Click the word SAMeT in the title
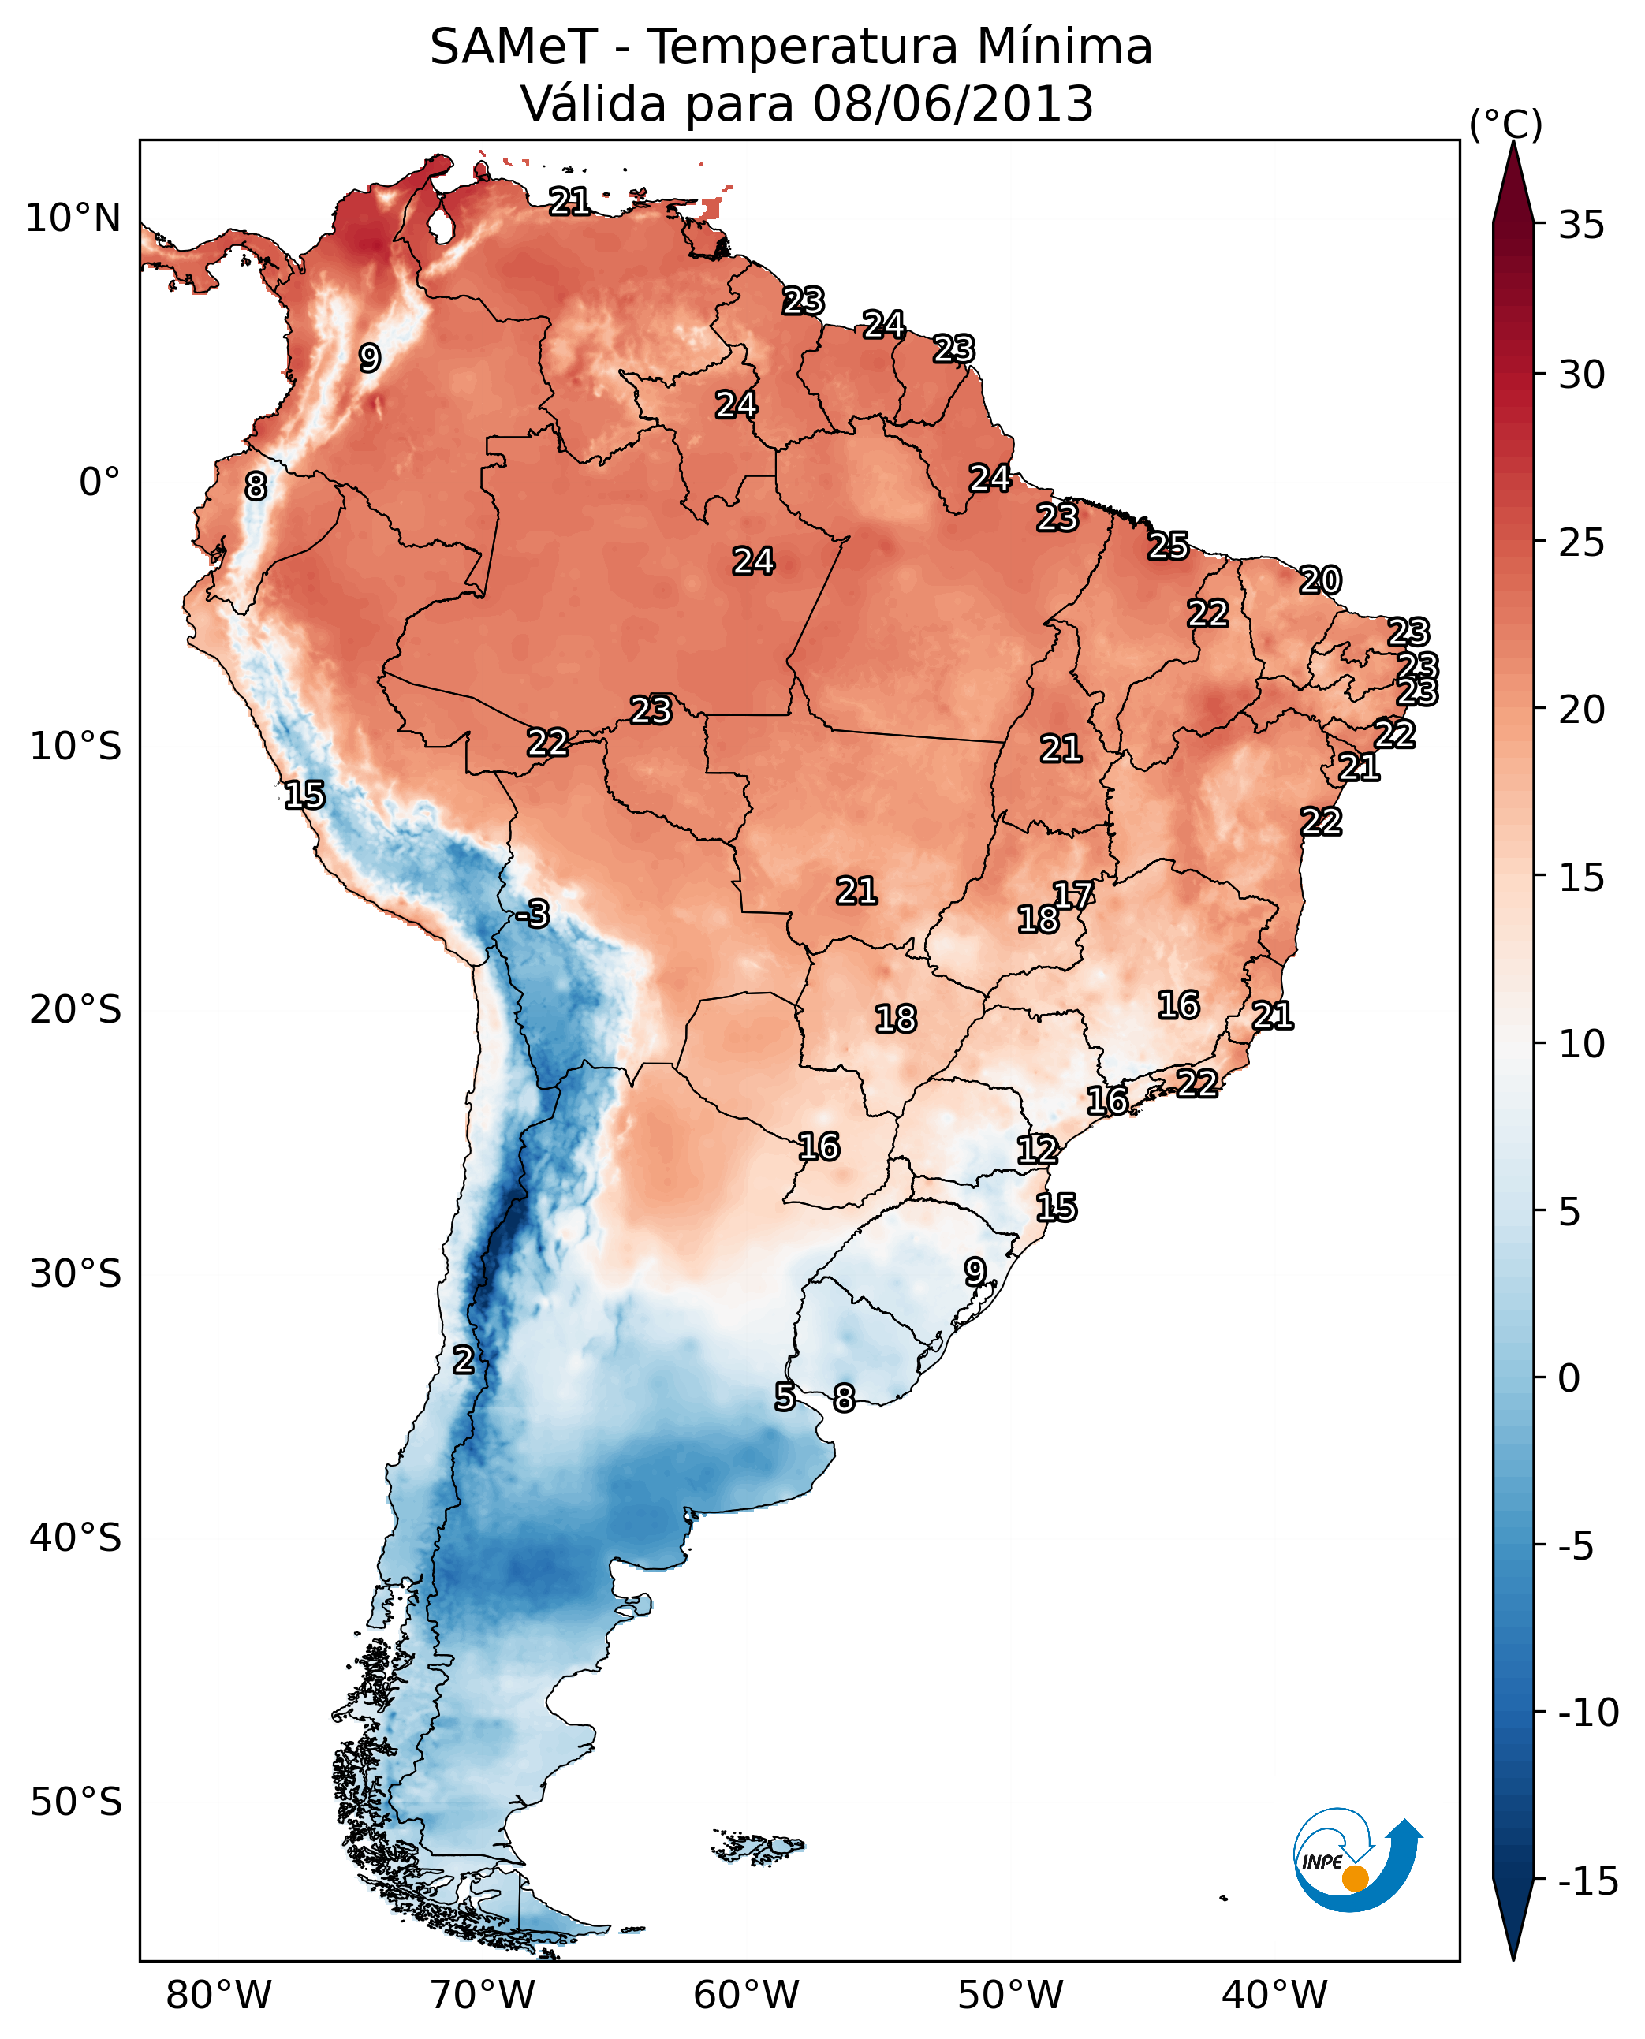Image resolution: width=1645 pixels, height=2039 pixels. coord(513,47)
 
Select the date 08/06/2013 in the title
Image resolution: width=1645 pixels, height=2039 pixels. coord(953,104)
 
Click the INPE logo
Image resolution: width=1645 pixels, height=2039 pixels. coord(1356,1860)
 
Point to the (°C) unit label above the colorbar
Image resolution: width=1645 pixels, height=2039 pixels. coord(1505,124)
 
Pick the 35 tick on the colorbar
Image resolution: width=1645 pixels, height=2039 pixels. coord(1581,226)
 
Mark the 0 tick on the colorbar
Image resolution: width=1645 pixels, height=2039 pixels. coord(1569,1378)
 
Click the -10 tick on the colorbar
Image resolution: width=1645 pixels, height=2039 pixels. coord(1588,1713)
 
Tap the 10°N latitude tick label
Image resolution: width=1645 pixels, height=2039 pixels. coord(73,219)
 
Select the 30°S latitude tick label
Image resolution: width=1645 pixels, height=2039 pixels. coord(76,1274)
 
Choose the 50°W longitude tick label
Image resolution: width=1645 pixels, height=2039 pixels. coord(1010,1996)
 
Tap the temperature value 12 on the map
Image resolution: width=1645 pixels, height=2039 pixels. coord(1038,1150)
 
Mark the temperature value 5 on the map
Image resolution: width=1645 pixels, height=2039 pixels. coord(785,1396)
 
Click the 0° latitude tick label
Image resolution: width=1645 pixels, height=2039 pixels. coord(99,483)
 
